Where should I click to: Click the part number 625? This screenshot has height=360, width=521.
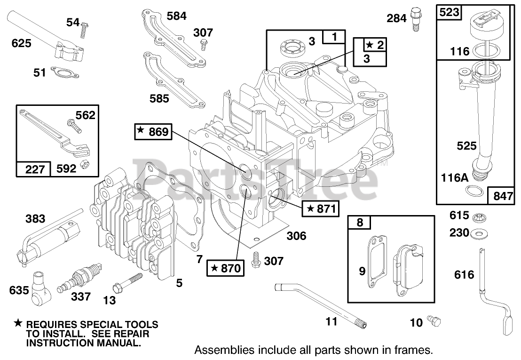pos(21,43)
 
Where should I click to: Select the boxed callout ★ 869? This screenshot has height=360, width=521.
pos(153,132)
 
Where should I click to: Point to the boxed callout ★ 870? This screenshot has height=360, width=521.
pos(225,268)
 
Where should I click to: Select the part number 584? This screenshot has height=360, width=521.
pos(177,16)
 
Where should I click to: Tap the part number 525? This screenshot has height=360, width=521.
pos(467,146)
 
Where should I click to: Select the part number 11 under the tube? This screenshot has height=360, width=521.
pos(332,322)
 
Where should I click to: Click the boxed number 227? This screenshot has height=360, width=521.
pos(34,168)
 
